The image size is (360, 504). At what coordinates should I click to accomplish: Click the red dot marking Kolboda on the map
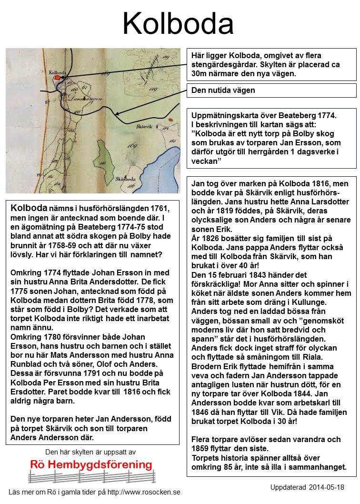57,77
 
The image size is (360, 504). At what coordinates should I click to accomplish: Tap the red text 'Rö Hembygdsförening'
91,464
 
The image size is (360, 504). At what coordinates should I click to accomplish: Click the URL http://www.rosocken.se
141,492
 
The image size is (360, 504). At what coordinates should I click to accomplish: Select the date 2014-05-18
326,488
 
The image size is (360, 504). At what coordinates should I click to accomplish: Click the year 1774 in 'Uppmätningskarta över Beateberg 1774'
326,115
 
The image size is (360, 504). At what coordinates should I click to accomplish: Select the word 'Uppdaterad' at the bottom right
287,488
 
